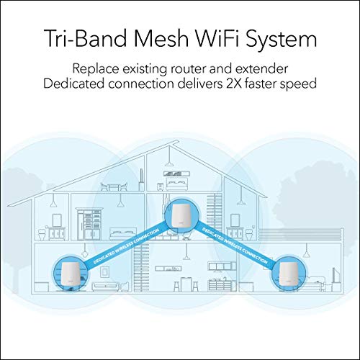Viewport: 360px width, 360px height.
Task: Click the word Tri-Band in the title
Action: click(85, 39)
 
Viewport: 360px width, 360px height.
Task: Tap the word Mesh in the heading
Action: click(161, 39)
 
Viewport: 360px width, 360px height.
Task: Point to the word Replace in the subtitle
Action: click(96, 69)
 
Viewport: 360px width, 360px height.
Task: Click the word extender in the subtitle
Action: click(261, 68)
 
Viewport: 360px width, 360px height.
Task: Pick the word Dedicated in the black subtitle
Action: click(74, 84)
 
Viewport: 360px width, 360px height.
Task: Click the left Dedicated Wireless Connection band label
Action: click(126, 246)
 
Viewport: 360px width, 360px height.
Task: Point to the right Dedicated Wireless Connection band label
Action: click(235, 246)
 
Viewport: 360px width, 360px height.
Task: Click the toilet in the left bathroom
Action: click(42, 234)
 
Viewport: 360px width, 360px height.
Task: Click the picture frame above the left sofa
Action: click(105, 272)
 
